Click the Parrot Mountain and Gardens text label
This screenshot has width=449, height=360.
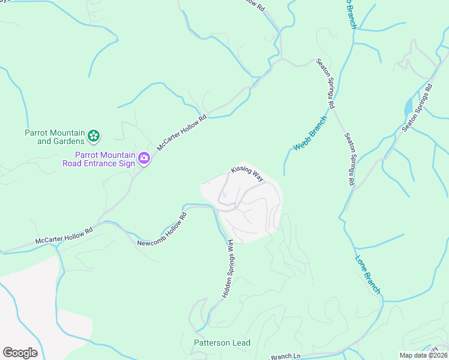pyautogui.click(x=53, y=137)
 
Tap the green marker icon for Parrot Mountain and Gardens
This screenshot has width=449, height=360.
pyautogui.click(x=94, y=137)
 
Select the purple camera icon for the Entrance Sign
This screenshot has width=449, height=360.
pyautogui.click(x=144, y=158)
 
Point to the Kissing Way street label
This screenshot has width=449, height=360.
pyautogui.click(x=247, y=175)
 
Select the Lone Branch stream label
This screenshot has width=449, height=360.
pyautogui.click(x=368, y=275)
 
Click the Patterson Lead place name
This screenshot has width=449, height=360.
pyautogui.click(x=221, y=343)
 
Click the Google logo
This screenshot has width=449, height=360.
pyautogui.click(x=20, y=353)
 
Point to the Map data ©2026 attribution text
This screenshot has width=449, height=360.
pyautogui.click(x=423, y=355)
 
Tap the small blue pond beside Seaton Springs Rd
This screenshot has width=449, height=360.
pyautogui.click(x=408, y=106)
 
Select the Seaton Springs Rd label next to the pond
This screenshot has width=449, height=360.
pyautogui.click(x=418, y=108)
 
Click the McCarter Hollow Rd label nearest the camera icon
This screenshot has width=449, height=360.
pyautogui.click(x=181, y=133)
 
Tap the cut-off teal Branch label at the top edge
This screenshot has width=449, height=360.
pyautogui.click(x=349, y=13)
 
